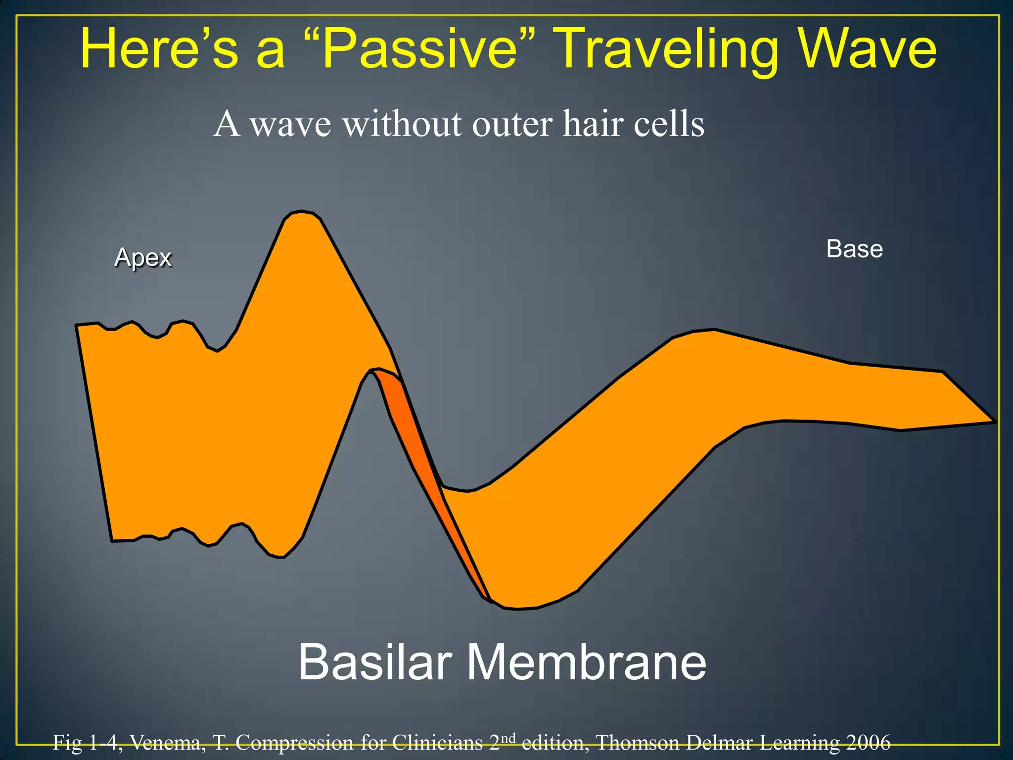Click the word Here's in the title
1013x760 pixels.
tap(158, 48)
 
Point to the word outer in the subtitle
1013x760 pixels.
tap(512, 124)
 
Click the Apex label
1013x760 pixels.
tap(143, 257)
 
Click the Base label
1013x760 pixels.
tap(854, 249)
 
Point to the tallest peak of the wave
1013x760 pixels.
tap(301, 214)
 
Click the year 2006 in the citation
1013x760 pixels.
tap(868, 742)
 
